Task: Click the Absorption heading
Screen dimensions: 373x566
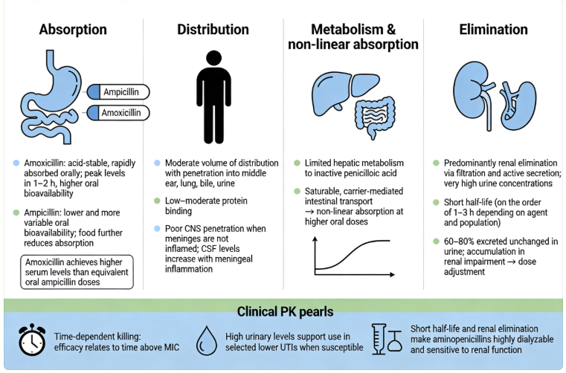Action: tap(72, 30)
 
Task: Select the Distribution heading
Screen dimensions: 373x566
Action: tap(213, 30)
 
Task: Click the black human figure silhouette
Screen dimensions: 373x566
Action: tap(213, 96)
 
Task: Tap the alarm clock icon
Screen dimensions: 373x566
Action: tap(30, 340)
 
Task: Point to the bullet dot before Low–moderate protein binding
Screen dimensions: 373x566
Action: tap(157, 201)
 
